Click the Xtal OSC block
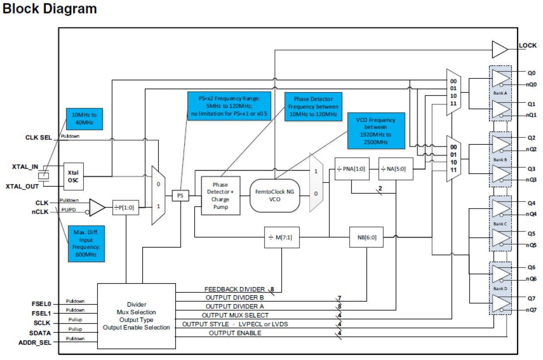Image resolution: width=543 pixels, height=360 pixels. [x=73, y=176]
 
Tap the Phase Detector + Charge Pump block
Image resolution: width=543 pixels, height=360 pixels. [x=220, y=195]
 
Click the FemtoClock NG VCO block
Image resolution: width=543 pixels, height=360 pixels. [x=275, y=195]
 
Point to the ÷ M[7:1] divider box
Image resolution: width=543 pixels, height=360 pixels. [x=282, y=237]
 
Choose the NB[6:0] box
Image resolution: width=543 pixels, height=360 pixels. [x=367, y=237]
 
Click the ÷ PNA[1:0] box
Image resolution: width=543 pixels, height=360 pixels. [x=351, y=169]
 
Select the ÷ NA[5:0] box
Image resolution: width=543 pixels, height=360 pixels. [x=396, y=169]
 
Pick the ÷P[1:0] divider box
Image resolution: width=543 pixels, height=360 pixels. [x=126, y=207]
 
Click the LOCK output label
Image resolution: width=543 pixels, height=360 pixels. [x=527, y=45]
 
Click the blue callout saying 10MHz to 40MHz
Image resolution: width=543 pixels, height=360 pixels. [x=84, y=119]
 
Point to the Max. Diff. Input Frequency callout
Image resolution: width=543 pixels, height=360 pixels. [x=86, y=244]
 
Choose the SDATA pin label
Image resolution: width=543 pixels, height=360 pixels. [x=40, y=333]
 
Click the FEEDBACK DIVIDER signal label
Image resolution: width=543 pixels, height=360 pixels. [x=234, y=289]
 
